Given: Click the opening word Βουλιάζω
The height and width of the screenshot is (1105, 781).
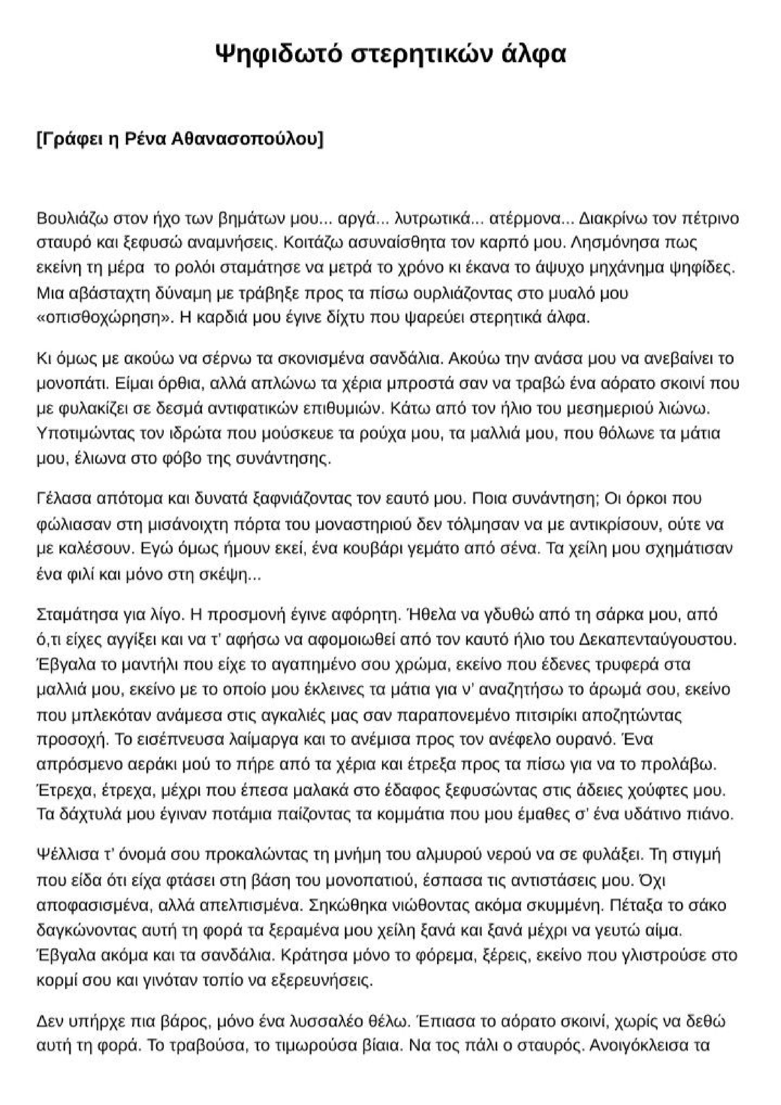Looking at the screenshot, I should pos(72,219).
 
